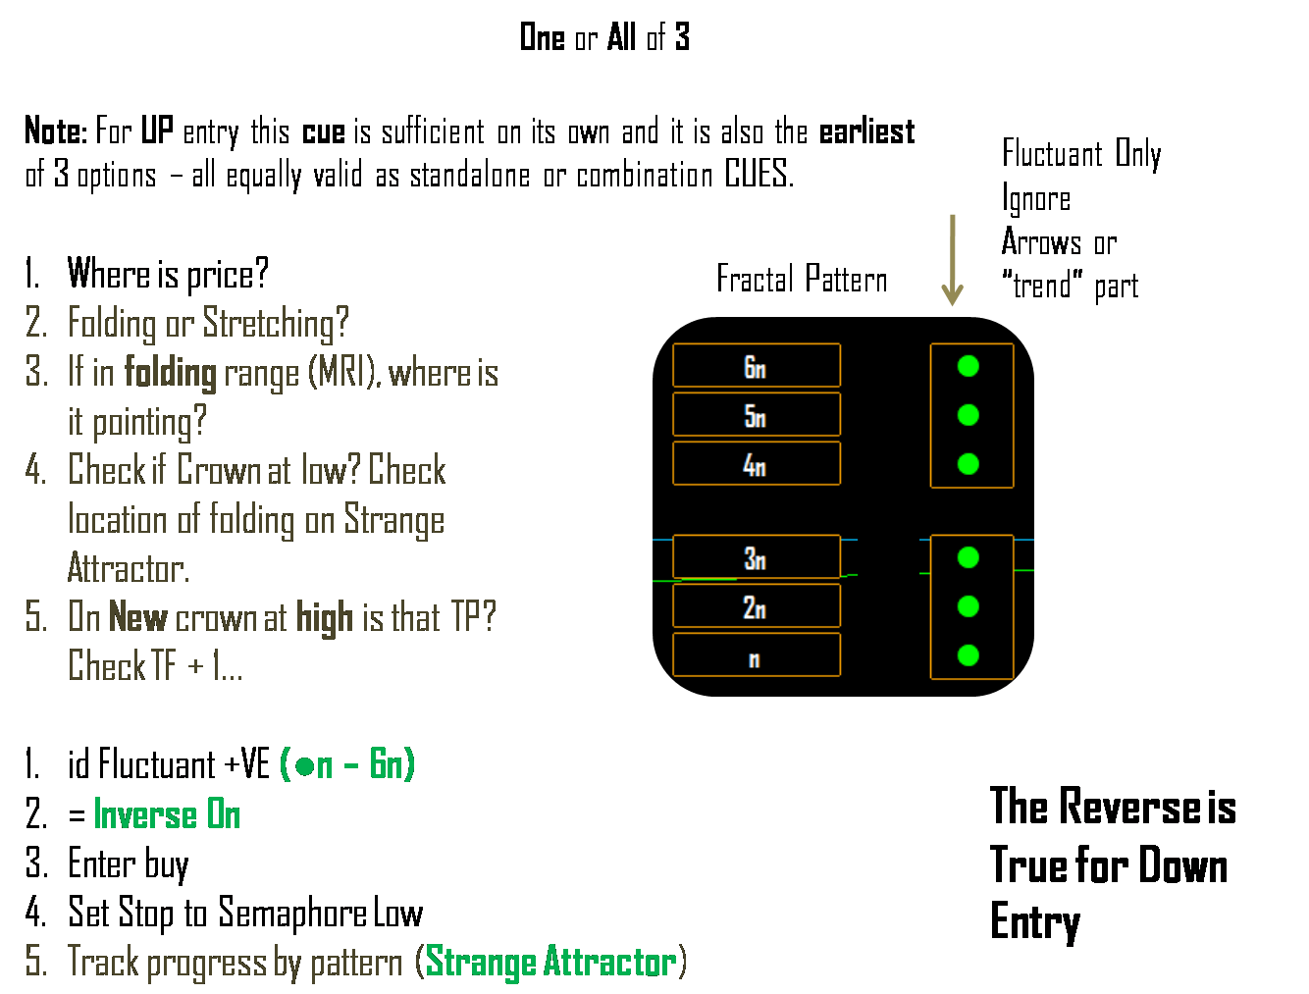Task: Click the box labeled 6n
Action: click(x=756, y=366)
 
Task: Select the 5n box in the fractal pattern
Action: click(x=756, y=415)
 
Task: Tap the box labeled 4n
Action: click(x=756, y=464)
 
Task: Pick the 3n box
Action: click(x=756, y=557)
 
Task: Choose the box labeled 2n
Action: click(x=756, y=606)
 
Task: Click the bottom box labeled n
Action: click(x=756, y=655)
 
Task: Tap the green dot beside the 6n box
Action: click(x=969, y=366)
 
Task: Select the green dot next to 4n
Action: click(x=969, y=464)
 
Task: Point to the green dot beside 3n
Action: click(x=969, y=557)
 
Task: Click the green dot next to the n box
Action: click(x=969, y=655)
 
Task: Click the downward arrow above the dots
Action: click(x=952, y=260)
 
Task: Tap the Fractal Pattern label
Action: click(x=802, y=280)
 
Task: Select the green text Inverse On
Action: click(x=167, y=814)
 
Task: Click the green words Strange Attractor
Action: click(x=550, y=962)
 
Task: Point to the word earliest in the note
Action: click(x=866, y=131)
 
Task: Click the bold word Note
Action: click(x=55, y=131)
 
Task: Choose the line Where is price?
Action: click(x=167, y=275)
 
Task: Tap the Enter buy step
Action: click(x=128, y=864)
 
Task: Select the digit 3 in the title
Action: click(x=682, y=37)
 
